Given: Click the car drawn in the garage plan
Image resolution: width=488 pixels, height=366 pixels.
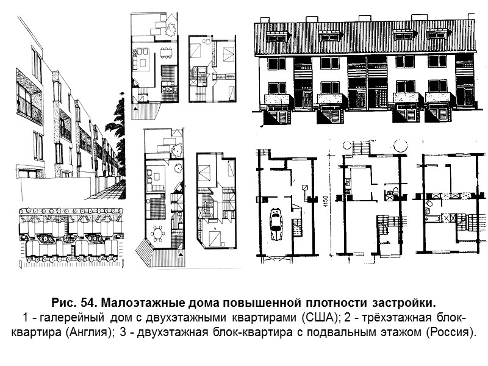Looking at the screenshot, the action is tap(276, 223).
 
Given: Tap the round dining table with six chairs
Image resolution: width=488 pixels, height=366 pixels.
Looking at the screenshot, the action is tap(160, 234).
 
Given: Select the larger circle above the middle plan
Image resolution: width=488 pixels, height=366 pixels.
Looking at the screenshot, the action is tap(401, 146).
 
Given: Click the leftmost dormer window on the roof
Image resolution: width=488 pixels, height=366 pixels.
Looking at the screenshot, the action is tap(277, 38).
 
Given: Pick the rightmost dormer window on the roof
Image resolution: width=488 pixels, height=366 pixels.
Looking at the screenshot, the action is tap(437, 35).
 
